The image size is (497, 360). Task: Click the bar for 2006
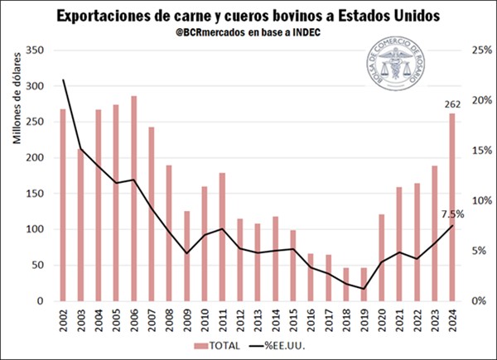(x=133, y=199)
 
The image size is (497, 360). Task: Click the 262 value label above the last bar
(x=451, y=103)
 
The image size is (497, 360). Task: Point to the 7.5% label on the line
(x=453, y=214)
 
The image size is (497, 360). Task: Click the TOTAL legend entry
(x=222, y=345)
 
